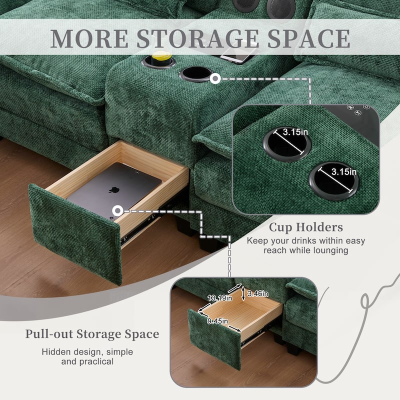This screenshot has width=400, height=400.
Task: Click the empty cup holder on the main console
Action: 195,73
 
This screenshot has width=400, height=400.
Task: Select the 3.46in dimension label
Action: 257,293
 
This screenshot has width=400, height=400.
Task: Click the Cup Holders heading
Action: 306,227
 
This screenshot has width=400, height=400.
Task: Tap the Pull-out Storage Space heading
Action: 92,333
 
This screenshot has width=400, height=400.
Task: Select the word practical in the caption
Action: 94,361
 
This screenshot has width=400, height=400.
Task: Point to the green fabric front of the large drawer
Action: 75,232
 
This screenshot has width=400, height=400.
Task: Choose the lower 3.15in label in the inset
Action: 344,171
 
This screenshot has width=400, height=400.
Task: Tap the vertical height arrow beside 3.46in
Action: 243,293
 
